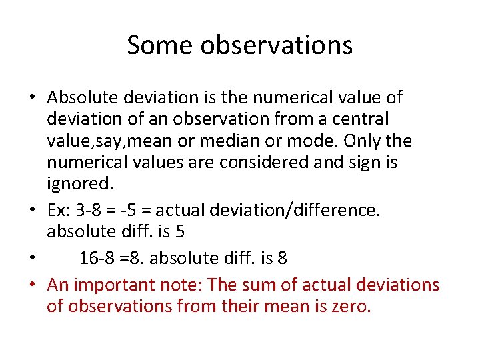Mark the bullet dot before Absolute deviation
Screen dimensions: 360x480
32,98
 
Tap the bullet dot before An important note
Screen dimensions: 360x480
32,286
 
